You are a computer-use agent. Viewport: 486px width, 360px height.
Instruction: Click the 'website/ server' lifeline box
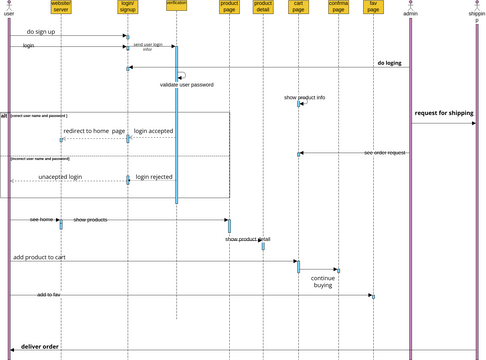61,7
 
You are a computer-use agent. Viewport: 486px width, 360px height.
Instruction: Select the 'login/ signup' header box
127,7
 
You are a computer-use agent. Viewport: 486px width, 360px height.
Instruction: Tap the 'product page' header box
229,7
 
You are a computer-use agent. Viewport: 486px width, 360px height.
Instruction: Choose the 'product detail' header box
263,7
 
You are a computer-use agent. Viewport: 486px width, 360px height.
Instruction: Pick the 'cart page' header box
298,7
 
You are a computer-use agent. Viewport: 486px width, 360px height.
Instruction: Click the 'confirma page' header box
337,7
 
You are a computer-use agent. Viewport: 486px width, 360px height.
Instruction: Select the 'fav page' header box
373,7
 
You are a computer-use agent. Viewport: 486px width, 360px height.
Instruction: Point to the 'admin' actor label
411,15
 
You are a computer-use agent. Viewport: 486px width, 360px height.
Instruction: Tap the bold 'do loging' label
389,63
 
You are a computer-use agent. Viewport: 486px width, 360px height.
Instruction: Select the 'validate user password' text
189,85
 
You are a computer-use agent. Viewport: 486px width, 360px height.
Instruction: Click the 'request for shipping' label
444,113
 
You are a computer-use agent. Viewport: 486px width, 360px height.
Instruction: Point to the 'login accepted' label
153,131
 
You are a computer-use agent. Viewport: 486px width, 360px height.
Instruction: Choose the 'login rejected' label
153,176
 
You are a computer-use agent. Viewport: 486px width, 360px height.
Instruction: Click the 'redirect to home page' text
94,131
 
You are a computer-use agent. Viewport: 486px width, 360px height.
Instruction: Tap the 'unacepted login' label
60,176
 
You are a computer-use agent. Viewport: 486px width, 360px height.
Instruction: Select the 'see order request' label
385,152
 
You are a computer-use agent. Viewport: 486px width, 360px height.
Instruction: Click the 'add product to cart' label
40,257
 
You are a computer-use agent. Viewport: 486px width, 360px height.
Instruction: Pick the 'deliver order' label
40,346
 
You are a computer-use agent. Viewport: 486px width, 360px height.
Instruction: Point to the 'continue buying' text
322,281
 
